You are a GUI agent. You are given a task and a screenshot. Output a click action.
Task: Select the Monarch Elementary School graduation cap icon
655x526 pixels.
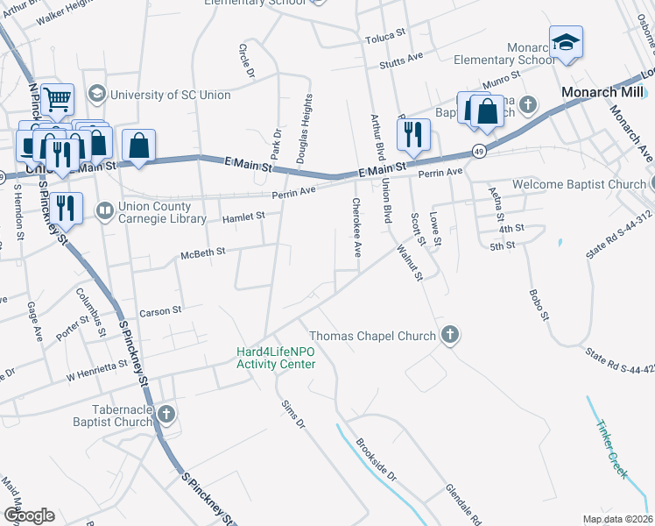(x=567, y=43)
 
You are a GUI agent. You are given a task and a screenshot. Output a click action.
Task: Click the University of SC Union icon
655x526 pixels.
(x=96, y=94)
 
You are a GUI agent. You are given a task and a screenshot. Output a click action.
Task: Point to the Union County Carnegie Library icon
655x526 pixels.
(x=104, y=210)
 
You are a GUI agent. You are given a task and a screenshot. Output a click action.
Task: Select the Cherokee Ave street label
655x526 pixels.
(x=356, y=227)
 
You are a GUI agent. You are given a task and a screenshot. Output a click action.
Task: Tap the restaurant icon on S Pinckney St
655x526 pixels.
(x=66, y=208)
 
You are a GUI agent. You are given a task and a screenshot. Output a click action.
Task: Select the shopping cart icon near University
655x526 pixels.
(x=57, y=100)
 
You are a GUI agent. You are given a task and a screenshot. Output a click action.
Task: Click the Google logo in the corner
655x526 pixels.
(x=30, y=515)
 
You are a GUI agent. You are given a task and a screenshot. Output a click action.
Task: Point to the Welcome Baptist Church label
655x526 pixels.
(x=580, y=184)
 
